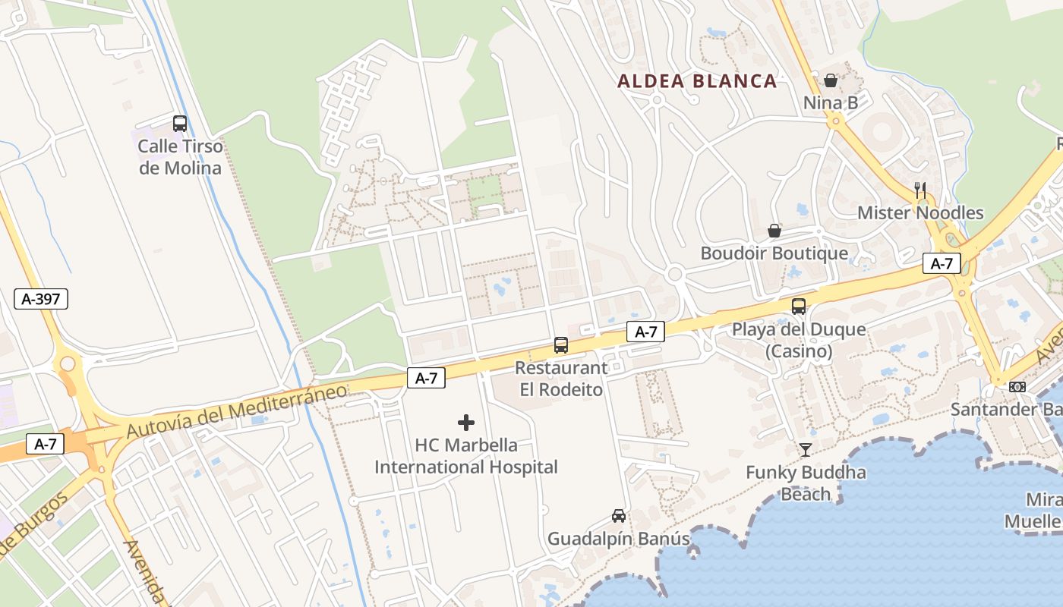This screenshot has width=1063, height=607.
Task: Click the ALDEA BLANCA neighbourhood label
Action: (697, 81)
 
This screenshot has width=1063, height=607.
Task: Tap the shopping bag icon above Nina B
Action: (831, 80)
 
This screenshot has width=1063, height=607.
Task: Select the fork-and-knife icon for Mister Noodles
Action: (920, 190)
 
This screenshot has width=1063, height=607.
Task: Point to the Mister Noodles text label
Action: (920, 213)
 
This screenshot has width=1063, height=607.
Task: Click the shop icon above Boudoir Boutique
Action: (774, 231)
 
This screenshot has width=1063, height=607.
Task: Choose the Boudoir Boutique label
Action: (774, 253)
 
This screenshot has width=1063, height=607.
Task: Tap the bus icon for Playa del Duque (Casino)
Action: (799, 307)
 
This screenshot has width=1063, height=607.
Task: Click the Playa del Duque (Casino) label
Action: (799, 341)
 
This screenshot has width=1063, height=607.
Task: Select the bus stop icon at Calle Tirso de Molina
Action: (180, 124)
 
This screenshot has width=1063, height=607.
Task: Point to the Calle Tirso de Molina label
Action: (181, 157)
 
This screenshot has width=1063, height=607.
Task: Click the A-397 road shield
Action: (41, 299)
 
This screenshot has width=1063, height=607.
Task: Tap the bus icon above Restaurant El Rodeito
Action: (561, 345)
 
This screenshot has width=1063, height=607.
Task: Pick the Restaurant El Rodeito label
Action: (561, 379)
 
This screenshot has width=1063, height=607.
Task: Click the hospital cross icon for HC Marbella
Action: (466, 423)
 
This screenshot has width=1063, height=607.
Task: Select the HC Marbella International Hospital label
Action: (466, 456)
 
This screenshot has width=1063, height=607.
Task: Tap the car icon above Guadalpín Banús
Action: (619, 516)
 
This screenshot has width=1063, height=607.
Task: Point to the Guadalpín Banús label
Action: (619, 539)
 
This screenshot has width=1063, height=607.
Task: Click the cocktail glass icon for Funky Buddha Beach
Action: (806, 450)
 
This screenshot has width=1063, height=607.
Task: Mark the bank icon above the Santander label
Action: (1017, 387)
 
